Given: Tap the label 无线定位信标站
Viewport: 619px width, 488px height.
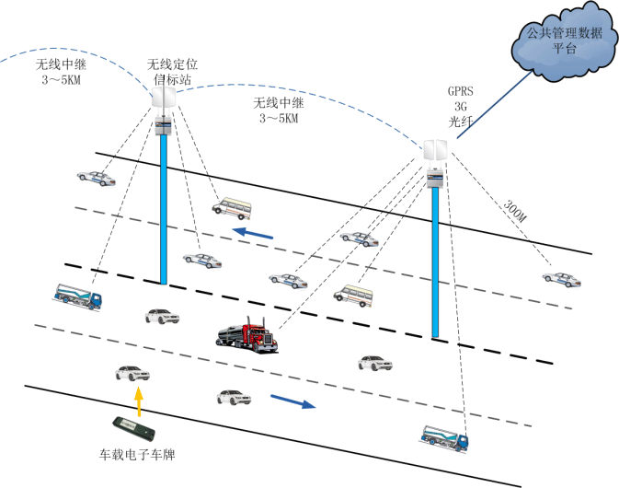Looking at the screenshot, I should point(173,71).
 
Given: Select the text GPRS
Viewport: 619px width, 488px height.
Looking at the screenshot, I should point(461,91).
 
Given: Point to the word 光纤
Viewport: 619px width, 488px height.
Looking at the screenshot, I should point(461,120).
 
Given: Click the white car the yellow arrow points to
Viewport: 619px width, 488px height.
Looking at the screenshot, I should point(131,373).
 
